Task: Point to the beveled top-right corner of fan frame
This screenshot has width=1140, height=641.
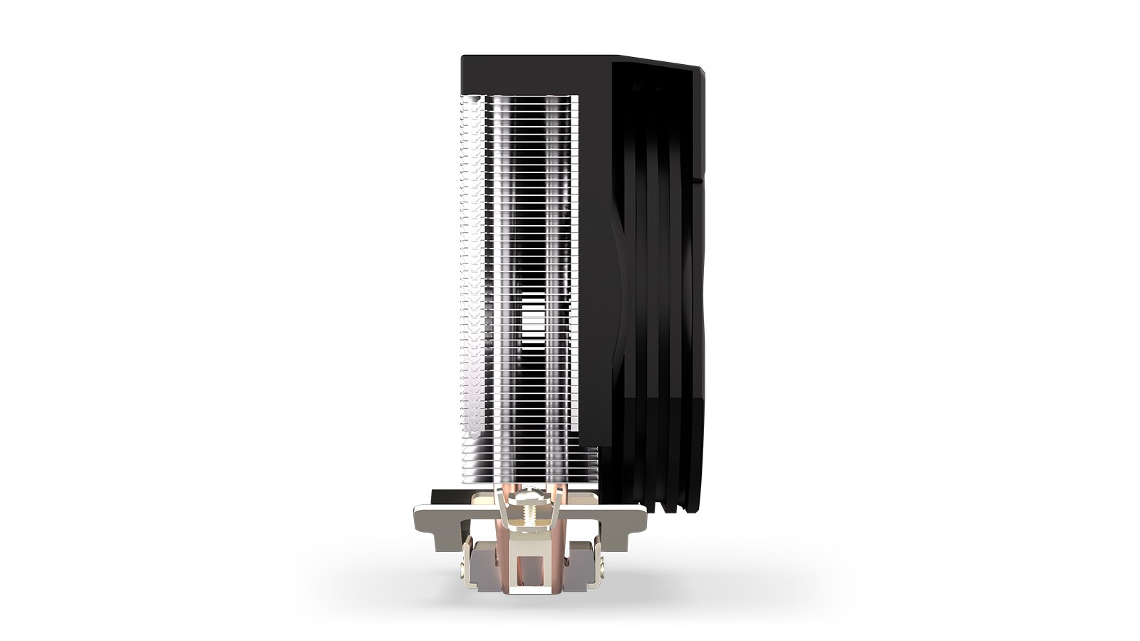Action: (702, 71)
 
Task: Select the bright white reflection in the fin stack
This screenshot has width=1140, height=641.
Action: (530, 335)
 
